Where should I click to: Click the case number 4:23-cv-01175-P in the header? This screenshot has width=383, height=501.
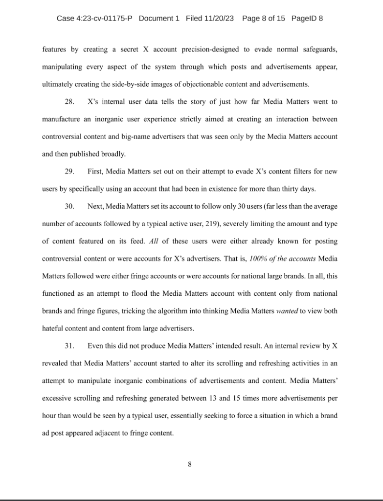coord(104,19)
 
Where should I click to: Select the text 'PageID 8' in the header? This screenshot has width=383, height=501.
coord(307,19)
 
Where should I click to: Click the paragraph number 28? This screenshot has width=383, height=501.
coord(69,102)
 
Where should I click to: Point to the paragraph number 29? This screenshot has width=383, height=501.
coord(69,171)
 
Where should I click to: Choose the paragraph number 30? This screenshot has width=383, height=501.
coord(69,206)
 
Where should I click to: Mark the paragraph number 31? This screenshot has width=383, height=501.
coord(69,346)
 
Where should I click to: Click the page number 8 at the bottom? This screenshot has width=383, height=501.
coord(190,465)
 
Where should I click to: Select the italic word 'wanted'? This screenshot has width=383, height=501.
coord(286,311)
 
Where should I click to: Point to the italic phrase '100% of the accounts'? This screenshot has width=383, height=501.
coord(281,259)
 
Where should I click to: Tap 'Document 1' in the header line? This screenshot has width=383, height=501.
coord(159,19)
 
